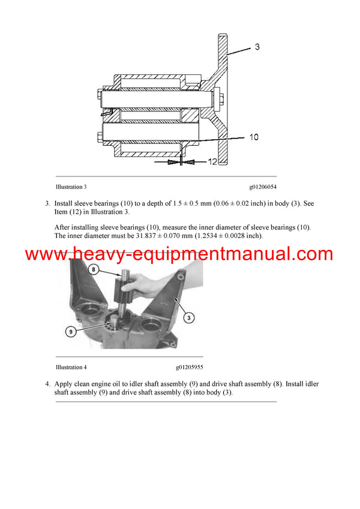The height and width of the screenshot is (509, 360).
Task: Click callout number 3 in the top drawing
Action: coord(257,46)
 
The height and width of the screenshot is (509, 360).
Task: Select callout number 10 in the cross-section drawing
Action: coord(253,137)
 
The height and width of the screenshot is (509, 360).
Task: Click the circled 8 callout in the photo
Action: coord(92,270)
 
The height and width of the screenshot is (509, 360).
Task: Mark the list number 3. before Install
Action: coord(47,204)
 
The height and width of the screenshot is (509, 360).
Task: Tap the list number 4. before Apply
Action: coord(47,384)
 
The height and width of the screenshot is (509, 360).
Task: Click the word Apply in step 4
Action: coord(64,384)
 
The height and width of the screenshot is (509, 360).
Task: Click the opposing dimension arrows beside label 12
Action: coord(181,162)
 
